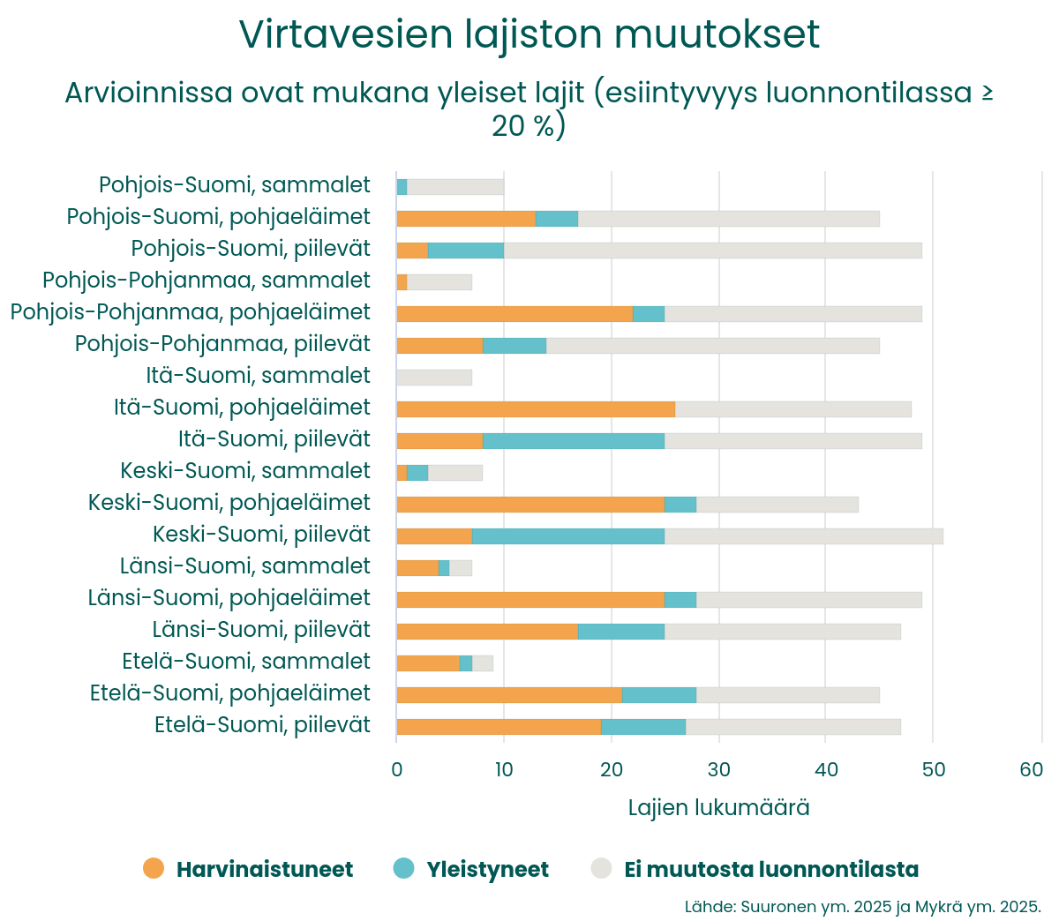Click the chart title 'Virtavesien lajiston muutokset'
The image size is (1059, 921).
click(x=529, y=35)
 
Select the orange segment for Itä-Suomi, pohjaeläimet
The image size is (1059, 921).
click(x=536, y=409)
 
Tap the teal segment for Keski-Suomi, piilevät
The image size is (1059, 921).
click(x=568, y=536)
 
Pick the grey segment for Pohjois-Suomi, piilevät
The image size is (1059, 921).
click(x=712, y=251)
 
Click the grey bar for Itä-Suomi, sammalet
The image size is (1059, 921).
click(x=434, y=378)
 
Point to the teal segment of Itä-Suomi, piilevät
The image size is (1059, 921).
click(x=574, y=441)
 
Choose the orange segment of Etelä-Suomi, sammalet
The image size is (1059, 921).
click(x=428, y=663)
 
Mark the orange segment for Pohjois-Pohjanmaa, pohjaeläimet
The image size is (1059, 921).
click(x=514, y=314)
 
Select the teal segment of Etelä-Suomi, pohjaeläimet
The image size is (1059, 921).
click(x=659, y=695)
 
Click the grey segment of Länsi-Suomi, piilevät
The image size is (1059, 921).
click(x=783, y=632)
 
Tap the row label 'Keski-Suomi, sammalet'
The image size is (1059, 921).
click(x=245, y=471)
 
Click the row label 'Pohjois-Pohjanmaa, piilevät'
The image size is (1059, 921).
click(x=222, y=344)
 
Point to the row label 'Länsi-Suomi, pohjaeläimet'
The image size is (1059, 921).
click(x=229, y=598)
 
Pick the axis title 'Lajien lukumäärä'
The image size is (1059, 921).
click(x=718, y=808)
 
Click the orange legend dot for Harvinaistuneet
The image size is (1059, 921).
click(x=154, y=869)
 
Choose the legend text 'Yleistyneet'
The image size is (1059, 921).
click(x=487, y=870)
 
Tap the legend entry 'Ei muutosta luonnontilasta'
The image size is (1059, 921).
click(x=770, y=870)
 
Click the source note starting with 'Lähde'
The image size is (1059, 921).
click(x=862, y=907)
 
